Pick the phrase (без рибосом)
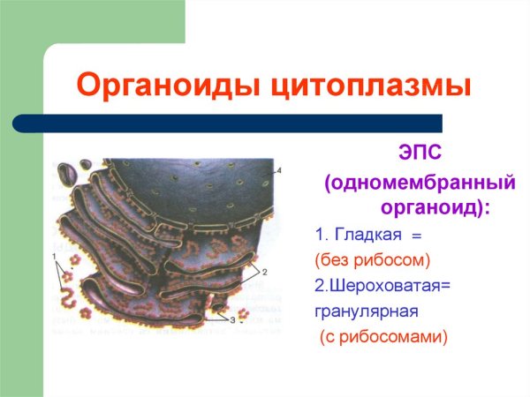[x=371, y=260]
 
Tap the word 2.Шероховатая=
[x=382, y=285]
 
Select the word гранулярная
[x=366, y=311]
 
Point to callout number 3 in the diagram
[x=233, y=320]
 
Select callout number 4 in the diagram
[x=278, y=169]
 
